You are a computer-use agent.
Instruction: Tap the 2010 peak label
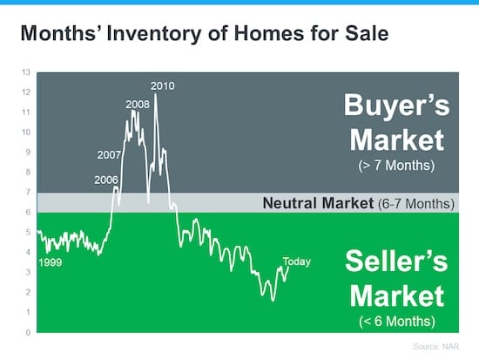pyautogui.click(x=163, y=85)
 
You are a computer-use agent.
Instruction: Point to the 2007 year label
pyautogui.click(x=108, y=156)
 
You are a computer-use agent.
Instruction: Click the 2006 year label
pyautogui.click(x=105, y=180)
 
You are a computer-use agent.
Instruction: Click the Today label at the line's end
pyautogui.click(x=296, y=262)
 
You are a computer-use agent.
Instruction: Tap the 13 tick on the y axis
pyautogui.click(x=27, y=71)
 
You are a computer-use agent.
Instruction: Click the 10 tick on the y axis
pyautogui.click(x=27, y=132)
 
